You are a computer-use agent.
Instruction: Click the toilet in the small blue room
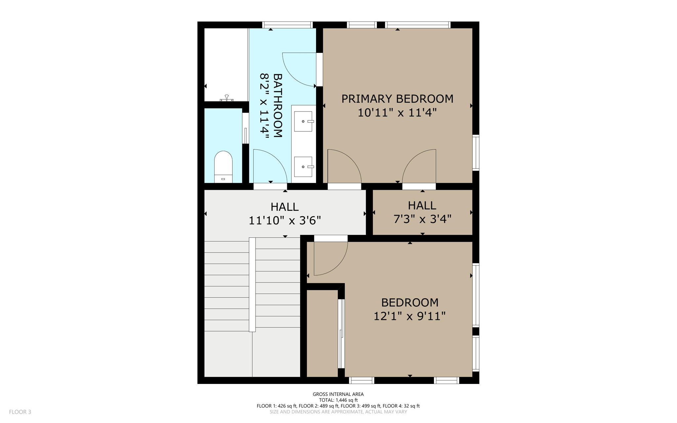pos(223,166)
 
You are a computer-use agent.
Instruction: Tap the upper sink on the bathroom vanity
pos(303,121)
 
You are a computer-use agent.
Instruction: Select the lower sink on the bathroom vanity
pos(303,167)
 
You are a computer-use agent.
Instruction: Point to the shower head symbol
pos(227,98)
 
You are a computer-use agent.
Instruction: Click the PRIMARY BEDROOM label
pos(397,99)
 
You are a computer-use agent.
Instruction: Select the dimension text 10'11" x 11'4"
pos(397,113)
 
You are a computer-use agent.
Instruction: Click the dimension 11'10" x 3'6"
pos(285,220)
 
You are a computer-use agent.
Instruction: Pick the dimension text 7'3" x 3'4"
pos(422,219)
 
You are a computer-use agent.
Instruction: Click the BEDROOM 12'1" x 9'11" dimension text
pos(410,316)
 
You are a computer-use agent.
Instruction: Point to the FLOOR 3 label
pos(20,412)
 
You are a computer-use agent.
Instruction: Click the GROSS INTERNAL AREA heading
pos(338,394)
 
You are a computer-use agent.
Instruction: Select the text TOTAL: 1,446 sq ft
pos(338,400)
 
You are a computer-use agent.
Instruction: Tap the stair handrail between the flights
pos(252,284)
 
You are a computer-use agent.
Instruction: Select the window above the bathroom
pos(287,25)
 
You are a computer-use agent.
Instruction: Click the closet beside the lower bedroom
pos(322,333)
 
